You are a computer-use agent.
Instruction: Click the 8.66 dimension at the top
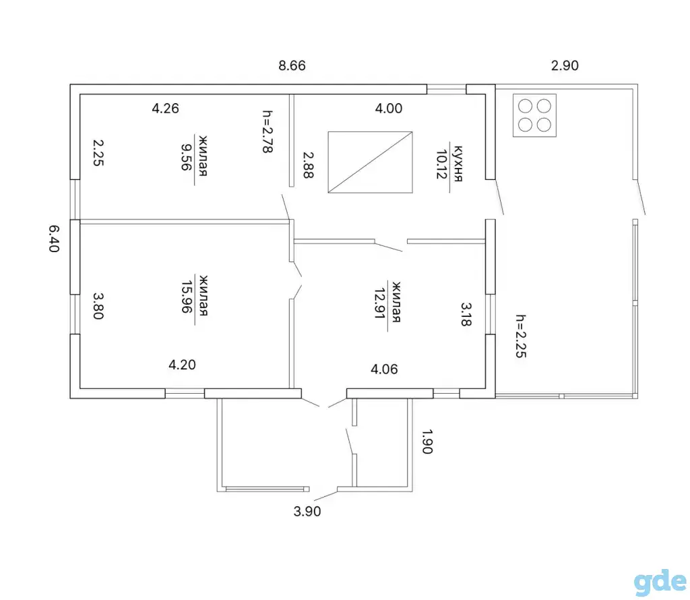pyautogui.click(x=292, y=65)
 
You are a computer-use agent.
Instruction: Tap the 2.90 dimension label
pyautogui.click(x=565, y=65)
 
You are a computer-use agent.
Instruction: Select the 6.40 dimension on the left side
pyautogui.click(x=54, y=239)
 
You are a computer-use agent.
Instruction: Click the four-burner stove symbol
pyautogui.click(x=534, y=115)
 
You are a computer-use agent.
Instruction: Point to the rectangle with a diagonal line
pyautogui.click(x=370, y=162)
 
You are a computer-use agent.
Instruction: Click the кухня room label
pyautogui.click(x=458, y=163)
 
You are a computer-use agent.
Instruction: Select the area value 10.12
pyautogui.click(x=441, y=164)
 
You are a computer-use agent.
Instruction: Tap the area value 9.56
pyautogui.click(x=187, y=157)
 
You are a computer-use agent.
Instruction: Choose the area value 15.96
pyautogui.click(x=187, y=297)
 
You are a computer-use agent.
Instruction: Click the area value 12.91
pyautogui.click(x=380, y=303)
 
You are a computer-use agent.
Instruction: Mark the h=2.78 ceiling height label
pyautogui.click(x=267, y=131)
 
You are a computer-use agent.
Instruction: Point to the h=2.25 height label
pyautogui.click(x=521, y=336)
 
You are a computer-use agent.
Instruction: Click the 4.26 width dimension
pyautogui.click(x=166, y=109)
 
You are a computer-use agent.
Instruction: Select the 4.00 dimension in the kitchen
pyautogui.click(x=389, y=109)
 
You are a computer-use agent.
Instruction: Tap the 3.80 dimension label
pyautogui.click(x=98, y=306)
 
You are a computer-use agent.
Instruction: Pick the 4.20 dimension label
pyautogui.click(x=182, y=365)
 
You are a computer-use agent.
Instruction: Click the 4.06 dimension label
pyautogui.click(x=384, y=369)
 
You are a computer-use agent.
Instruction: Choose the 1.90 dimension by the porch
pyautogui.click(x=427, y=442)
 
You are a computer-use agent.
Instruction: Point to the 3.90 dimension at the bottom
pyautogui.click(x=307, y=512)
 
